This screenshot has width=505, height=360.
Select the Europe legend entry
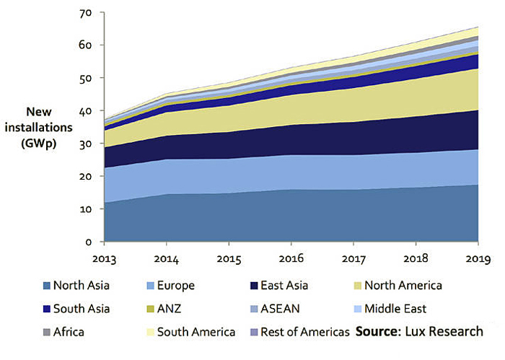coord(171,286)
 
